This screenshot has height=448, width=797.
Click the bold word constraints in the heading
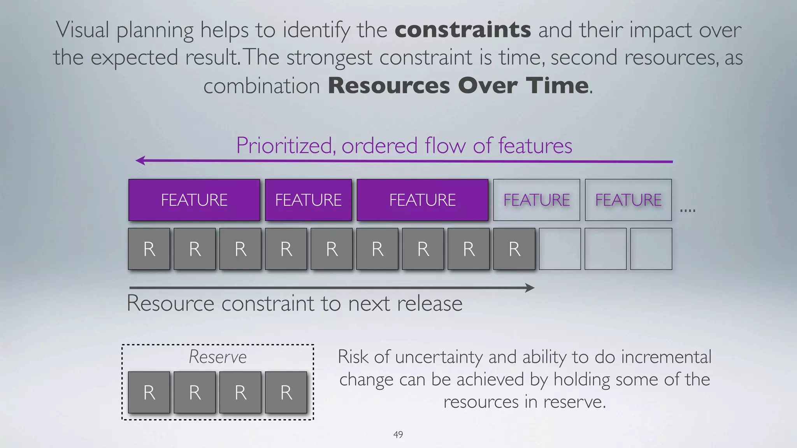coord(463,30)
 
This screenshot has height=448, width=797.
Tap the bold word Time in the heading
coord(557,86)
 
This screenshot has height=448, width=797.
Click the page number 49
coord(398,434)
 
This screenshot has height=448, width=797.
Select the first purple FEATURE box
coord(194,200)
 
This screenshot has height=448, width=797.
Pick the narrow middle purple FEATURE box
coord(308,200)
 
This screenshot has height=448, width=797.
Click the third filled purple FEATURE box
coord(422,200)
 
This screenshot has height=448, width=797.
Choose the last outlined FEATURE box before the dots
coord(628,200)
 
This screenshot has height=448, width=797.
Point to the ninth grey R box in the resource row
coord(514,249)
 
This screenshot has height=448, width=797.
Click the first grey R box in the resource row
coord(149,249)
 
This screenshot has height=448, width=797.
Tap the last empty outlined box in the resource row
coord(651,249)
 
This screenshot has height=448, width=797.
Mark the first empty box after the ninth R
coord(560,249)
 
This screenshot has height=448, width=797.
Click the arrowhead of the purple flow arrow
coord(140,161)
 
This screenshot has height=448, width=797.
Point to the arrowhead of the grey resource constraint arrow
coord(530,288)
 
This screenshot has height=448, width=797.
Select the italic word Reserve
coord(218,357)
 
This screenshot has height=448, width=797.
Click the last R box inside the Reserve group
coord(286,392)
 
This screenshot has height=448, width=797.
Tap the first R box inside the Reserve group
coord(149,392)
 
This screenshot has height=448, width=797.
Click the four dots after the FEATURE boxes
coord(688,211)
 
